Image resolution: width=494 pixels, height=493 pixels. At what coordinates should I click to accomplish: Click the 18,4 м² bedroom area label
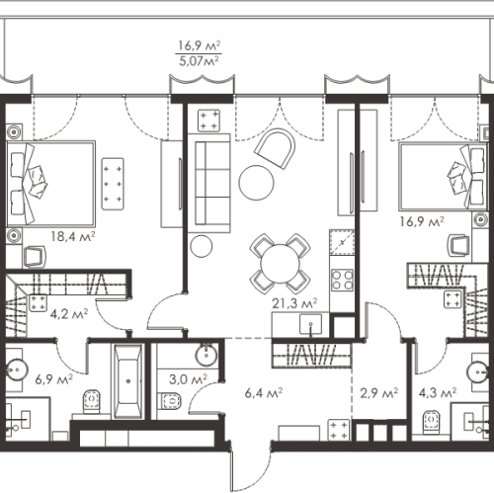tap(73, 236)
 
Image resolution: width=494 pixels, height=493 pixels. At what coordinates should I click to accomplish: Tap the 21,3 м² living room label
tap(294, 303)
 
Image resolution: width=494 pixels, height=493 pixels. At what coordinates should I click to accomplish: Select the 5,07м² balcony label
tap(199, 61)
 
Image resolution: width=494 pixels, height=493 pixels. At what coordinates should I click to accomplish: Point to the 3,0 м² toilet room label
tap(188, 379)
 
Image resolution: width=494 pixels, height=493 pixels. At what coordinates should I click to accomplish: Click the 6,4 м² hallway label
tap(264, 393)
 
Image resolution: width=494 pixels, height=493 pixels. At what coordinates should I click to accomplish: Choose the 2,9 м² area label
tap(378, 393)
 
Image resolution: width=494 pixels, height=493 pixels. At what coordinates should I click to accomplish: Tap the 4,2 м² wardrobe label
tap(69, 314)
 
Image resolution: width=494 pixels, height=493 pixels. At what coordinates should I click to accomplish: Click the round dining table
tap(280, 264)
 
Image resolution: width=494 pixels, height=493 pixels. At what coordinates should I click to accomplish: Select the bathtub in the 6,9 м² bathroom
tap(128, 381)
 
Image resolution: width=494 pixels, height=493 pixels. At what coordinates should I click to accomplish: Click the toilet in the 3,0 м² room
tap(171, 401)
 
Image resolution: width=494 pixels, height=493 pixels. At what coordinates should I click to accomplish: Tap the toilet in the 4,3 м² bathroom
tap(432, 421)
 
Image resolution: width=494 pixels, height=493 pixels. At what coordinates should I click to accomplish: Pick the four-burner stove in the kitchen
tap(343, 280)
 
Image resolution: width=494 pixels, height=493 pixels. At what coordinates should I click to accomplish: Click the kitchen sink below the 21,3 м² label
tap(310, 324)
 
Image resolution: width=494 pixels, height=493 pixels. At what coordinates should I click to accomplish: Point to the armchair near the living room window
tap(276, 149)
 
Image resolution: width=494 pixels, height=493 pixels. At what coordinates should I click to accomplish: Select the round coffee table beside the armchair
tap(256, 183)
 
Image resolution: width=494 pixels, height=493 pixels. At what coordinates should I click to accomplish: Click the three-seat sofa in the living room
tap(209, 184)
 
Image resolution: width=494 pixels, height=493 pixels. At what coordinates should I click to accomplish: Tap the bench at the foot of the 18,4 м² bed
tap(113, 184)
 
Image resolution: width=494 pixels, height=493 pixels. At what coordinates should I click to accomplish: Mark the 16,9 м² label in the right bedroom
tap(422, 221)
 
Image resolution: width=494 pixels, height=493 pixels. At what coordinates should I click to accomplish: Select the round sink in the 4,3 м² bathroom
tap(478, 372)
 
